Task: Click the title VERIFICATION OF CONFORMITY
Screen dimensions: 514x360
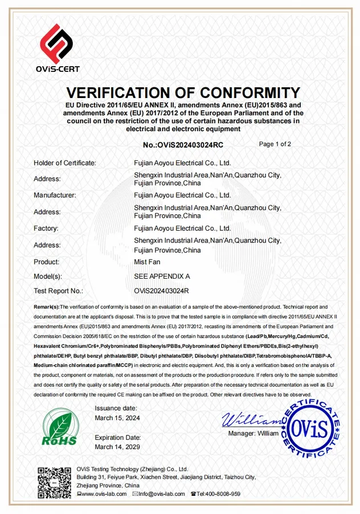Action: [182, 93]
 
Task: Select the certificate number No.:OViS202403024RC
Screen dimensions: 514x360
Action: [183, 145]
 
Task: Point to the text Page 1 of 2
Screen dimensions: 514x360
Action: [275, 144]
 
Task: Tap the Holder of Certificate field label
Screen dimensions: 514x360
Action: [64, 163]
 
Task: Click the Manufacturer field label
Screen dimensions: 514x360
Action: [55, 195]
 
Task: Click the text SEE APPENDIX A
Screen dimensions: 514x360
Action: [162, 276]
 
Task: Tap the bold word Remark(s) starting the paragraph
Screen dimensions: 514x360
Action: [47, 307]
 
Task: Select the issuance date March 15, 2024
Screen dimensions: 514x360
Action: [117, 418]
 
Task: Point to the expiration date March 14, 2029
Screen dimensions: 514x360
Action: [117, 447]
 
